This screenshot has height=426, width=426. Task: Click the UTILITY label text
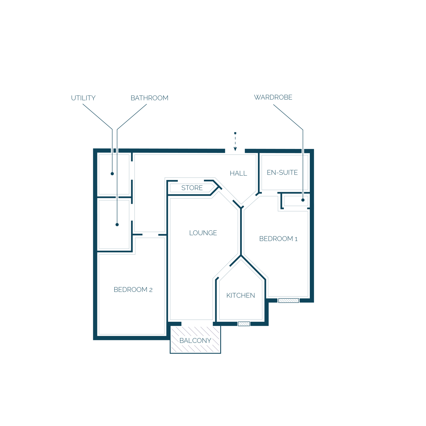(83, 98)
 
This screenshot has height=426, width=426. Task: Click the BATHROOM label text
(149, 98)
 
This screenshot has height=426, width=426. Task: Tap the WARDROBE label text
(273, 97)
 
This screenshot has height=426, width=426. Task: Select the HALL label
(238, 173)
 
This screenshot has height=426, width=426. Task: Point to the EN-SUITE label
(282, 173)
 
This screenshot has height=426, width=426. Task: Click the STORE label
(192, 188)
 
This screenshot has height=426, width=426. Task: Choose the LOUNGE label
(203, 233)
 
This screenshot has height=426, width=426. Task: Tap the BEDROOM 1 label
(278, 239)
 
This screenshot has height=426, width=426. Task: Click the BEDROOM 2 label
(133, 290)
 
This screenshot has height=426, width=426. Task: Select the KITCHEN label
(240, 295)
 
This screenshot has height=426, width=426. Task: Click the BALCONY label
(195, 340)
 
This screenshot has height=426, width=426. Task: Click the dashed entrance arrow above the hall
(235, 142)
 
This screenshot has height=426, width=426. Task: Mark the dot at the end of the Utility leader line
(112, 174)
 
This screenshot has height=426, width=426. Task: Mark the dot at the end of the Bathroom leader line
(117, 224)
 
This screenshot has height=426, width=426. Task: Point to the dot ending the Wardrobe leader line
(303, 200)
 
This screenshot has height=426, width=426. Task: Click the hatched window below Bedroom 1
(288, 301)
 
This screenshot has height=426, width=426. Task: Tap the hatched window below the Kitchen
(244, 324)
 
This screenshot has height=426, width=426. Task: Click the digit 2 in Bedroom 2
(151, 290)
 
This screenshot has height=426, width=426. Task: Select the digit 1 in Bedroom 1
(296, 239)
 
